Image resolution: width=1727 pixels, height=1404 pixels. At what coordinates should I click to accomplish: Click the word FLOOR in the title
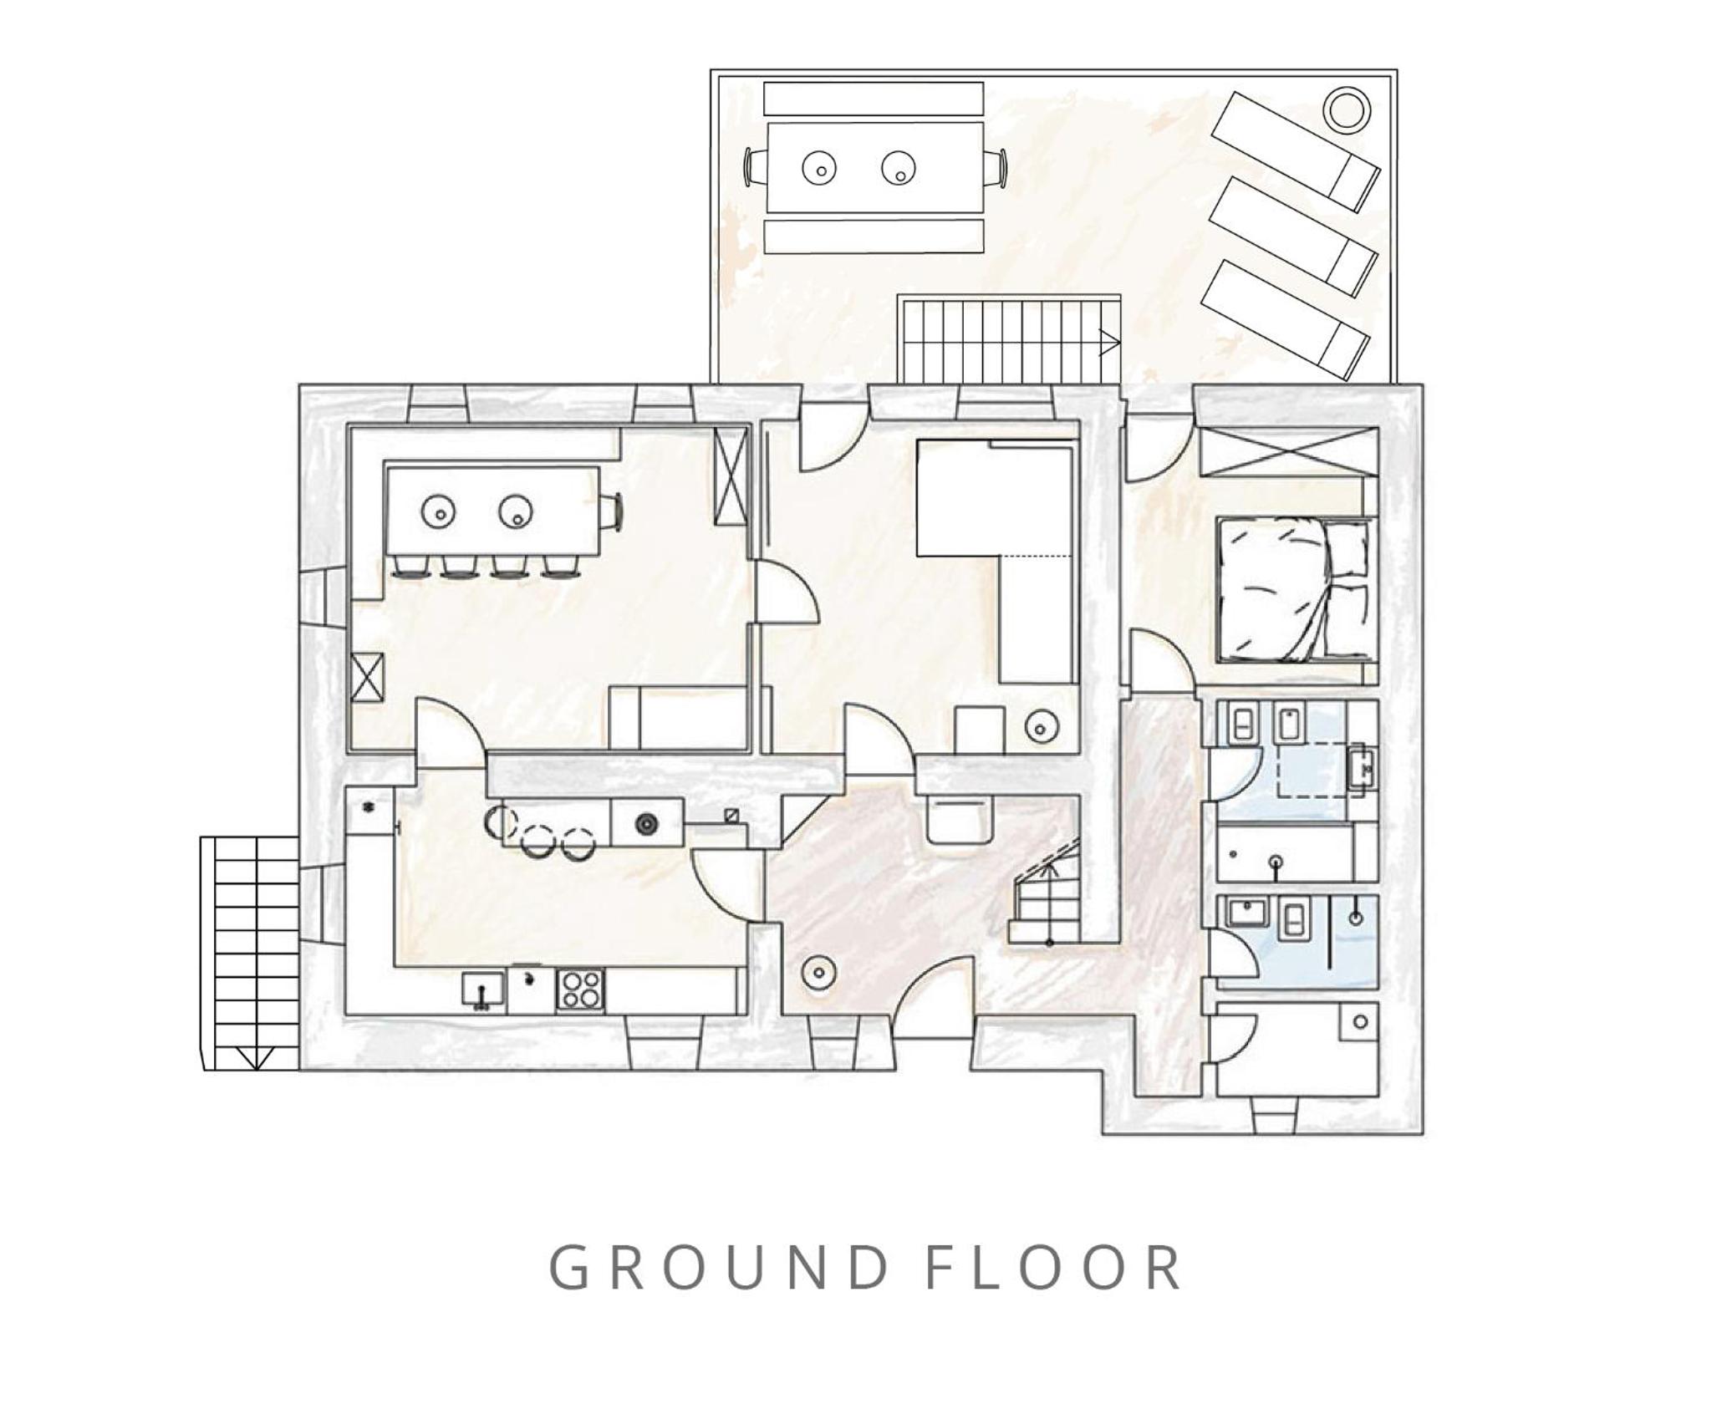click(x=1055, y=1269)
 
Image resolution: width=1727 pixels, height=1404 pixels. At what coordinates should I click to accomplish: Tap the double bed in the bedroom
click(x=1296, y=590)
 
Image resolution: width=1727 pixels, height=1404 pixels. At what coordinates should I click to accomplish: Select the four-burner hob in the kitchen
click(x=581, y=991)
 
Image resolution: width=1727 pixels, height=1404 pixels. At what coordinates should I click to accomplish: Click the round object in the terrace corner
click(x=1347, y=109)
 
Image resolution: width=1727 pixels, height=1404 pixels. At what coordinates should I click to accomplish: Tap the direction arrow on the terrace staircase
click(x=1109, y=343)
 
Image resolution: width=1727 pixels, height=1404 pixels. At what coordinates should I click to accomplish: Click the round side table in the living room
click(x=1041, y=725)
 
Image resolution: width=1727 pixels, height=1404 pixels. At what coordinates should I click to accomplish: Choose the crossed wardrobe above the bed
click(x=1288, y=452)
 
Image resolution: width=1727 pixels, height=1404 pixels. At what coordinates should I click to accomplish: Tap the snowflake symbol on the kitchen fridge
click(x=367, y=807)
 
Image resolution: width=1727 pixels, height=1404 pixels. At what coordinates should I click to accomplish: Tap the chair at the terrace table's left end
click(x=756, y=167)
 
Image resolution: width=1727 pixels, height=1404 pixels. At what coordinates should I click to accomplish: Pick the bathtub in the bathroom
click(x=1285, y=852)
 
